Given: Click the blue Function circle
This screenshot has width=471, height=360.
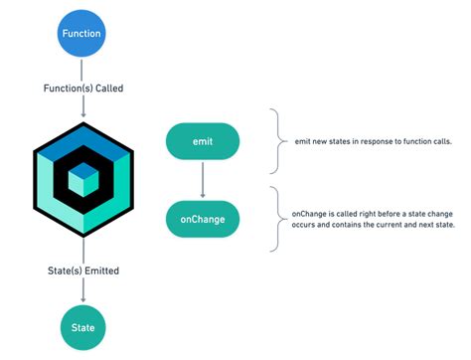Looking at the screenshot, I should tap(81, 33).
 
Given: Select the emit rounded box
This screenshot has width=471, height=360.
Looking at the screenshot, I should tap(203, 142).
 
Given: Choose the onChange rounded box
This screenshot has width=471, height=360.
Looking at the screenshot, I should tap(203, 219).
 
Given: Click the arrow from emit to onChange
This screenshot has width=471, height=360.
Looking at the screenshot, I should tap(203, 179).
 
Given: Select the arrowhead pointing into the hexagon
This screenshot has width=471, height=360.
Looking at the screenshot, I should tap(81, 115).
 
